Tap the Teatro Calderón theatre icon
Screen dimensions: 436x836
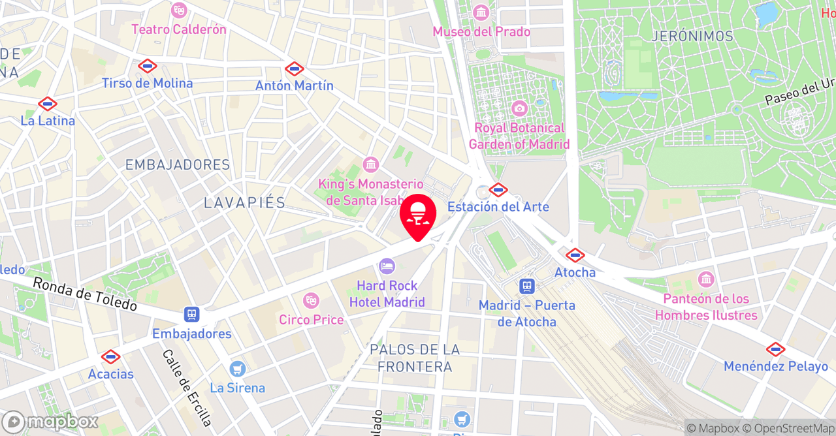tap(179, 10)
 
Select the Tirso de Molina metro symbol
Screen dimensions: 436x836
tap(148, 66)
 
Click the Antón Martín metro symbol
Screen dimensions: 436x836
tap(295, 69)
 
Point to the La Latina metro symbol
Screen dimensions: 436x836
tap(48, 104)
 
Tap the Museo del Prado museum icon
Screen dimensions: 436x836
tap(481, 12)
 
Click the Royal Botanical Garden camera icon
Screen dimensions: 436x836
tap(519, 108)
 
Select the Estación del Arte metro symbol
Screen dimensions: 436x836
tap(498, 190)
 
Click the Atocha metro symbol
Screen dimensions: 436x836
tap(575, 255)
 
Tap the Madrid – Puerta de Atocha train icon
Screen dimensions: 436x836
tap(526, 287)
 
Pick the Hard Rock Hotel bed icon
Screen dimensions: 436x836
tap(387, 266)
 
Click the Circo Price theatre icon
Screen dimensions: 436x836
tap(311, 301)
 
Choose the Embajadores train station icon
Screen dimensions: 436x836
tap(191, 315)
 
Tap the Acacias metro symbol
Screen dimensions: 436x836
tap(111, 356)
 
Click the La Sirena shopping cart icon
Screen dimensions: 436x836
tap(237, 369)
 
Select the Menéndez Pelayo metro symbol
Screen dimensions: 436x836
tap(775, 349)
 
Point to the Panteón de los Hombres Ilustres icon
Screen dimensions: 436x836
tap(706, 280)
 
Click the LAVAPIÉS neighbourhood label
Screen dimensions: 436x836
tap(245, 203)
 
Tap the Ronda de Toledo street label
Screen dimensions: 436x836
tap(85, 294)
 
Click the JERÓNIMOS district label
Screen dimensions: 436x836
tap(692, 37)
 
